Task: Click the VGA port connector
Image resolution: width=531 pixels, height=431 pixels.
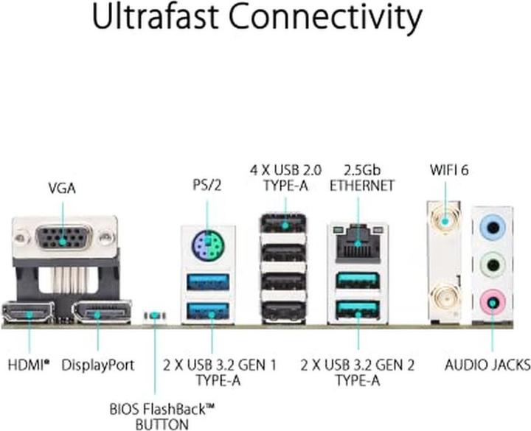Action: click(63, 237)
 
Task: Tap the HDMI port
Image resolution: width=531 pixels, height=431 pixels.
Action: click(28, 312)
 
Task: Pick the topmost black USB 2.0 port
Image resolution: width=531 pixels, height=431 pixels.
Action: click(283, 223)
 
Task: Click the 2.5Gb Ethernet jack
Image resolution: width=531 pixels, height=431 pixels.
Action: click(358, 243)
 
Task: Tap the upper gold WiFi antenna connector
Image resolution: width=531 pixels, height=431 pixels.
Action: click(444, 220)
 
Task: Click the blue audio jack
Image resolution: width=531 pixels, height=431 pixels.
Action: click(493, 228)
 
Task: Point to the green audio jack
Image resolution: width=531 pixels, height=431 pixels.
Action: click(493, 264)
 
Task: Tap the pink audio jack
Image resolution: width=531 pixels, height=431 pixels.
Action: click(493, 301)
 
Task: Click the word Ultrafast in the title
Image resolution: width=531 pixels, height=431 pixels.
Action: click(155, 16)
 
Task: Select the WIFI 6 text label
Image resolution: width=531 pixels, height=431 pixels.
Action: click(449, 170)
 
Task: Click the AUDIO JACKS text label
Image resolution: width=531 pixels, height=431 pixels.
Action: click(487, 365)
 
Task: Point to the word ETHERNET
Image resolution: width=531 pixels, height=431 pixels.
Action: click(362, 186)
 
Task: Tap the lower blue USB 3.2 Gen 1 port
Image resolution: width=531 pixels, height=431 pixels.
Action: click(208, 310)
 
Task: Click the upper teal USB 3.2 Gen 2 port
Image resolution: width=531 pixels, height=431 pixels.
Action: click(357, 281)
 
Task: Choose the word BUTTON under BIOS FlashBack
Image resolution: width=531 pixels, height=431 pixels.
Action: click(162, 424)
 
